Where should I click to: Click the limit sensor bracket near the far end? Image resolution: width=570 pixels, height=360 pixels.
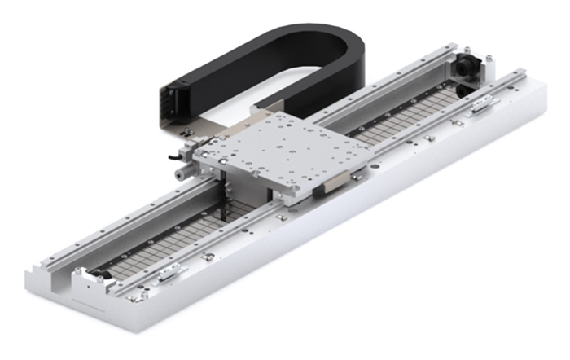click(x=482, y=103)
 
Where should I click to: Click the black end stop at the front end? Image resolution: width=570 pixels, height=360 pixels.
click(x=98, y=274)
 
